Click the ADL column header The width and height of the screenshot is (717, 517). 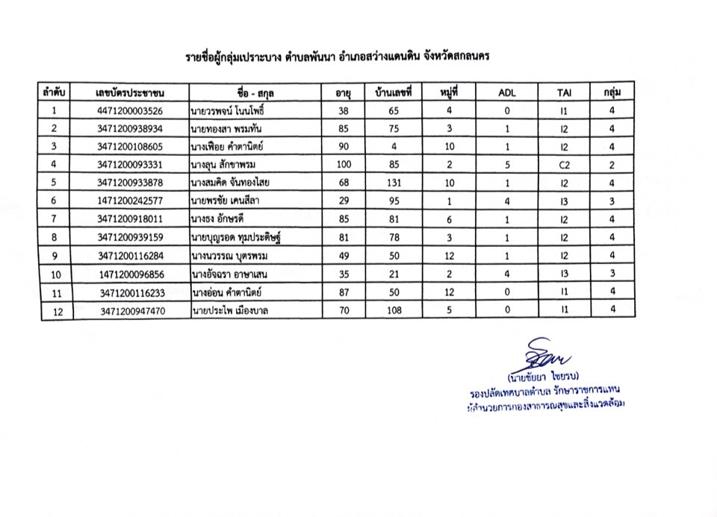tap(506, 93)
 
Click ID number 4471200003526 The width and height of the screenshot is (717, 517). tap(130, 111)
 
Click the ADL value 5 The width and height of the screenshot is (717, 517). tap(506, 164)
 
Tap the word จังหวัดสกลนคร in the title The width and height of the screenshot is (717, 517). tap(454, 56)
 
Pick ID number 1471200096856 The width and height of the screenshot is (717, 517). tap(133, 274)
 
